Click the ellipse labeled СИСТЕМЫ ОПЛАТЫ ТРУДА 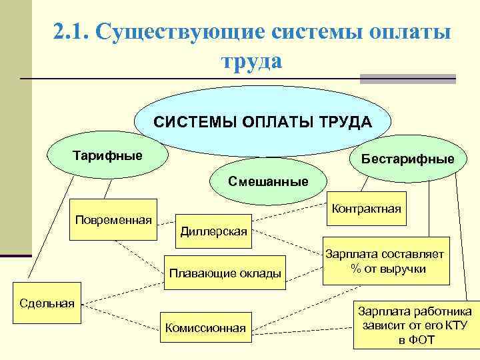tap(263, 123)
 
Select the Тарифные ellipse tap(107, 156)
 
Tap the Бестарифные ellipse tap(407, 159)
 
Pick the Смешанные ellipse tap(268, 181)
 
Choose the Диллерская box tap(213, 231)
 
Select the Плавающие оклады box tap(225, 273)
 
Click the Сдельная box tap(47, 303)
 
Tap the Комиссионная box tap(206, 328)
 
